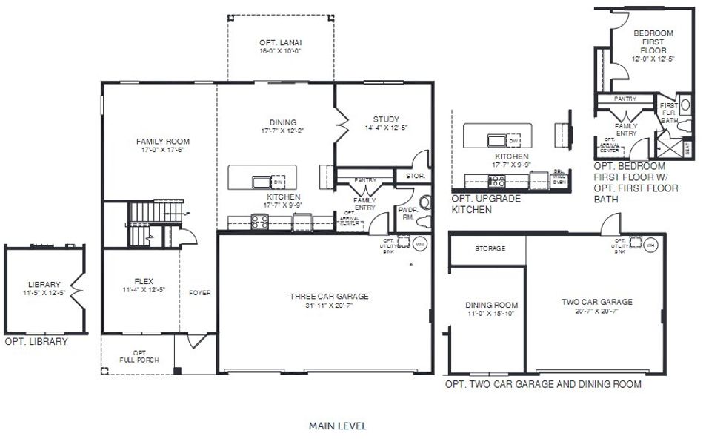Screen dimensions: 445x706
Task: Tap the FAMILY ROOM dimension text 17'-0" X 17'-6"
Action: [162, 150]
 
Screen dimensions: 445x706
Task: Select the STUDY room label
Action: [386, 119]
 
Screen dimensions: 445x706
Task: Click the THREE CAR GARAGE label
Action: [328, 297]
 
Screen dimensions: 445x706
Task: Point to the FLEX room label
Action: [143, 281]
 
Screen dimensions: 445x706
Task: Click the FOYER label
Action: [199, 293]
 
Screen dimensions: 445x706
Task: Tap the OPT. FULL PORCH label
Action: [139, 357]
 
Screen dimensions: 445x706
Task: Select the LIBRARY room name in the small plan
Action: [44, 285]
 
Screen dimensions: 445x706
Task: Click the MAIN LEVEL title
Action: [337, 426]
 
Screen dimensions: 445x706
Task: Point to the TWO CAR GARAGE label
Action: [596, 302]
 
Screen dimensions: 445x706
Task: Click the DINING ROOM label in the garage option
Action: [491, 305]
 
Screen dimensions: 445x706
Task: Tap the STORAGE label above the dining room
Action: [490, 248]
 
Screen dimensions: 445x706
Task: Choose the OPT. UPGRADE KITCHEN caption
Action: [486, 205]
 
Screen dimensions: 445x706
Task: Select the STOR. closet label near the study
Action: [415, 176]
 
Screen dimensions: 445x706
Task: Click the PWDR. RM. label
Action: [407, 214]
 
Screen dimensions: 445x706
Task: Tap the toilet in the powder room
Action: [425, 202]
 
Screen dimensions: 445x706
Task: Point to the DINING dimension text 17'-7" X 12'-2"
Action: [279, 132]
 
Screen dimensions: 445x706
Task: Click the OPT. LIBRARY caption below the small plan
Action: [36, 342]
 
